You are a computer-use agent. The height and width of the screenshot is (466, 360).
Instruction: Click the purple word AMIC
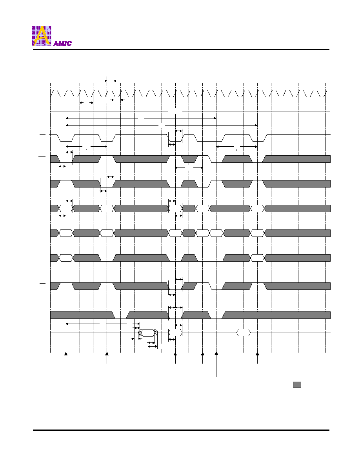[x=62, y=44]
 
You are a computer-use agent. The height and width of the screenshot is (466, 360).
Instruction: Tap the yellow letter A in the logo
[x=42, y=36]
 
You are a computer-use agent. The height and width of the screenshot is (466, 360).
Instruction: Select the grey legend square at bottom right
[x=297, y=384]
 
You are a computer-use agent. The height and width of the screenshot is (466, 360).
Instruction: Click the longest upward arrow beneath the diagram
[x=216, y=364]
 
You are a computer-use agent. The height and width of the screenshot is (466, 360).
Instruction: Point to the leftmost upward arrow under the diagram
[x=66, y=358]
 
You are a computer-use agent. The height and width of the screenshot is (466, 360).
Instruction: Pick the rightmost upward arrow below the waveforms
[x=257, y=358]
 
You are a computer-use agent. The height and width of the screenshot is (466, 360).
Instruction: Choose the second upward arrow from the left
[x=107, y=358]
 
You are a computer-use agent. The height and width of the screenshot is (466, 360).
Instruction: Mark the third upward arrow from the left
[x=175, y=358]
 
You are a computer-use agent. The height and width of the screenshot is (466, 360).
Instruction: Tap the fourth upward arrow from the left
[x=203, y=358]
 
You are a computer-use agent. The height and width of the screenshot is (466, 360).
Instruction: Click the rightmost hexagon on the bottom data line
[x=244, y=333]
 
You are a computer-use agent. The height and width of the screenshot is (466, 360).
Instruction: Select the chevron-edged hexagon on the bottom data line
[x=148, y=333]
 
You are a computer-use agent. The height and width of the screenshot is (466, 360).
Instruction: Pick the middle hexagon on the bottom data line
[x=175, y=333]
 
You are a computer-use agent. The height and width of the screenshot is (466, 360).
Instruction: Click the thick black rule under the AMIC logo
[x=181, y=50]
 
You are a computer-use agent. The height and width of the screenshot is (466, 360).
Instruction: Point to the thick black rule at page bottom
[x=181, y=430]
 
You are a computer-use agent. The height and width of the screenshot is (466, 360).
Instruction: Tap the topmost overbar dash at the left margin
[x=42, y=135]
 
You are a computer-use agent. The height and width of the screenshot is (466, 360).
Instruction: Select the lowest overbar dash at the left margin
[x=42, y=284]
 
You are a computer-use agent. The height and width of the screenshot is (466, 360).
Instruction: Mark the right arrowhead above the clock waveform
[x=116, y=80]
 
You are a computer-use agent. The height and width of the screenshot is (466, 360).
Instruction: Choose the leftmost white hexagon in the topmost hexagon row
[x=66, y=208]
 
